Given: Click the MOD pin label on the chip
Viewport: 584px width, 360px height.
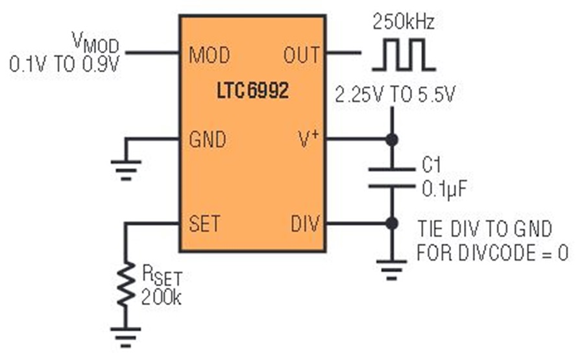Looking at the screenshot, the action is click(210, 54).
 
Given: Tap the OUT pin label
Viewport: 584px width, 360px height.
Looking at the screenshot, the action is click(302, 54).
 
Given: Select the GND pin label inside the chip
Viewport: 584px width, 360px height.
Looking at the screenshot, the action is click(208, 139).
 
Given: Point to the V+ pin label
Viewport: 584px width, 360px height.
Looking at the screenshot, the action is click(309, 139).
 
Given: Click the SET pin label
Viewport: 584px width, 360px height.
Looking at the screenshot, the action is click(204, 224).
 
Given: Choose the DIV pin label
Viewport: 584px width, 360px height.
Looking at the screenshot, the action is click(305, 224).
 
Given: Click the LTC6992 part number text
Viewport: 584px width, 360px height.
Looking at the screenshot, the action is click(253, 90).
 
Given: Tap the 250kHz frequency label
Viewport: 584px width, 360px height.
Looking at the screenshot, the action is click(404, 21).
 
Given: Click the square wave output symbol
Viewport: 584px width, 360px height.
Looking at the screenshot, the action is click(404, 54).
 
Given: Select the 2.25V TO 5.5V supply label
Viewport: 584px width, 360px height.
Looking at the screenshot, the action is click(395, 95).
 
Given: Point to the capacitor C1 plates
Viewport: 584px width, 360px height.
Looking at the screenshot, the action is click(391, 178).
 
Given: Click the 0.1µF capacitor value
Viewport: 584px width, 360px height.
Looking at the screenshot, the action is click(444, 189).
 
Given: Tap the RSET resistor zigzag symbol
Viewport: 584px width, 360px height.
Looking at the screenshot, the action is click(126, 284).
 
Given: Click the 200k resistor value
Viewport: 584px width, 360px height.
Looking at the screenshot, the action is click(161, 298).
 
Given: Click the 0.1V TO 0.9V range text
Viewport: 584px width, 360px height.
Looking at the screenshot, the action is click(64, 64).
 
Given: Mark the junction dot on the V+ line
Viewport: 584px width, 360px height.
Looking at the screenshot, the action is click(391, 139).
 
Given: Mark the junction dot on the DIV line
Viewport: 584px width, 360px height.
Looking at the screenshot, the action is click(391, 224).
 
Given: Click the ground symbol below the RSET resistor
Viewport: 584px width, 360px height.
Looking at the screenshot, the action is click(126, 337).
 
